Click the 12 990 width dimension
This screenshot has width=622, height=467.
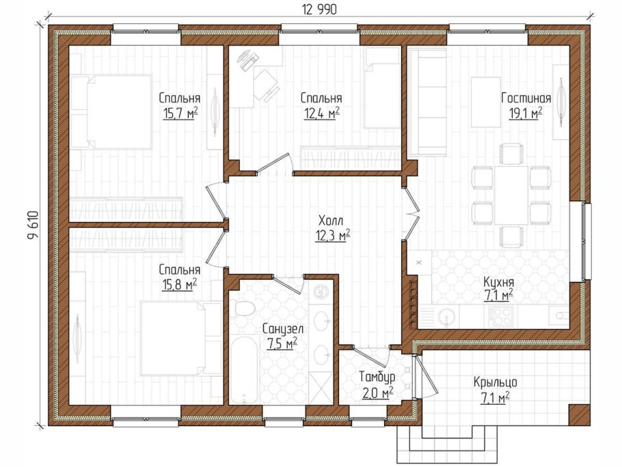[x=319, y=9]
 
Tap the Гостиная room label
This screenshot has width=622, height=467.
[x=526, y=98]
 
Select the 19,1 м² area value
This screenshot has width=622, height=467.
[x=526, y=114]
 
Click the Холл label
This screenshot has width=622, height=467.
[x=330, y=220]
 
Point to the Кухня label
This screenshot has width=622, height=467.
[x=499, y=282]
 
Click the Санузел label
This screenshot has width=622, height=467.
[x=283, y=328]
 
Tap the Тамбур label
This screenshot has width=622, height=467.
[x=377, y=376]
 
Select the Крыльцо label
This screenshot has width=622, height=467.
[x=495, y=382]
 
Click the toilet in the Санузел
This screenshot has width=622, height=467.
[x=243, y=308]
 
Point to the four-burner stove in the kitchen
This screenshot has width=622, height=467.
[x=498, y=316]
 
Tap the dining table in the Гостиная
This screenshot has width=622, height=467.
[x=511, y=196]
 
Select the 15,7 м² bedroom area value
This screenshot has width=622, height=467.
[x=180, y=114]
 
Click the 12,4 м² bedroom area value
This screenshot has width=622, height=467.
[x=322, y=114]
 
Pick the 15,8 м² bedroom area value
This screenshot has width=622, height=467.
[x=180, y=285]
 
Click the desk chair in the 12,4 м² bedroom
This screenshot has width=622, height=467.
[x=266, y=85]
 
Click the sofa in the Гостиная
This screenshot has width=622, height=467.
[x=427, y=102]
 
